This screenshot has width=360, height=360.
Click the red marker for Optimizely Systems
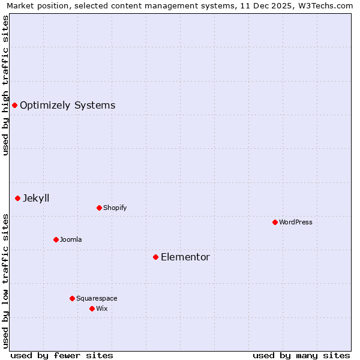point(14,106)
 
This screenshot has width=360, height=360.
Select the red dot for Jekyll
point(18,198)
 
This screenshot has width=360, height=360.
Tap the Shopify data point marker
point(99,208)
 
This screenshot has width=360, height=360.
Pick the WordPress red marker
point(275,222)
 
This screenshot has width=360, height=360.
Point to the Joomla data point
point(56,239)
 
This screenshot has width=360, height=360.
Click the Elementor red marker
point(155,257)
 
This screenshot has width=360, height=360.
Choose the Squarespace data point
point(72,298)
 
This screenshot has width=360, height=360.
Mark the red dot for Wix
point(92,308)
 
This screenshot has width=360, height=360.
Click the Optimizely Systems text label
point(67,106)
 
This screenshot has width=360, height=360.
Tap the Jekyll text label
point(36,198)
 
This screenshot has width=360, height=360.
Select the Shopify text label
point(115,208)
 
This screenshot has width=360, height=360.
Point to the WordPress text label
point(296,222)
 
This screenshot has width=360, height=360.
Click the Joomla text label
point(71,239)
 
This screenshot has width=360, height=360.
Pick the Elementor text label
point(185,257)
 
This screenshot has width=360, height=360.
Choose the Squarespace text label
point(97,298)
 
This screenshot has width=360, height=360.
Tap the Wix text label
point(102,308)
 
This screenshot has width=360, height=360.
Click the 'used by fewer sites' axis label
point(62,355)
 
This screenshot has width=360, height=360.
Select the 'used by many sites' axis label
point(301,355)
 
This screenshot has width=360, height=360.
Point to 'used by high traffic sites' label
point(5,85)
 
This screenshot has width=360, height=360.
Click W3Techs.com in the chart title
point(323,5)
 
